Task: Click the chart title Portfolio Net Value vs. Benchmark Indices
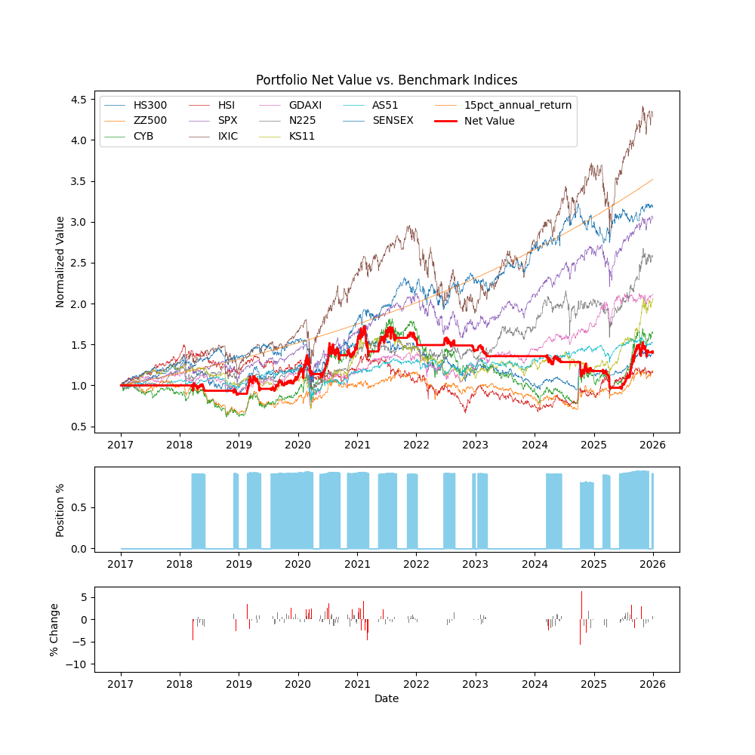387,80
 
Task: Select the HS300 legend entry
150,105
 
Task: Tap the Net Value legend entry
489,121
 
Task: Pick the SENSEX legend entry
393,121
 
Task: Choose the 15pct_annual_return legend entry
518,105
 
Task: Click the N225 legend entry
302,121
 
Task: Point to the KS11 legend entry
302,137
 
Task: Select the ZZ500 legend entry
150,121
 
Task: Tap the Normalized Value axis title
60,262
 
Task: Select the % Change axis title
54,630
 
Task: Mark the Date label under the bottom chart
387,699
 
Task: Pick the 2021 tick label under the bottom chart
357,684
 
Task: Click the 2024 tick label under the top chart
535,445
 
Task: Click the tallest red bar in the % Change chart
581,606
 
